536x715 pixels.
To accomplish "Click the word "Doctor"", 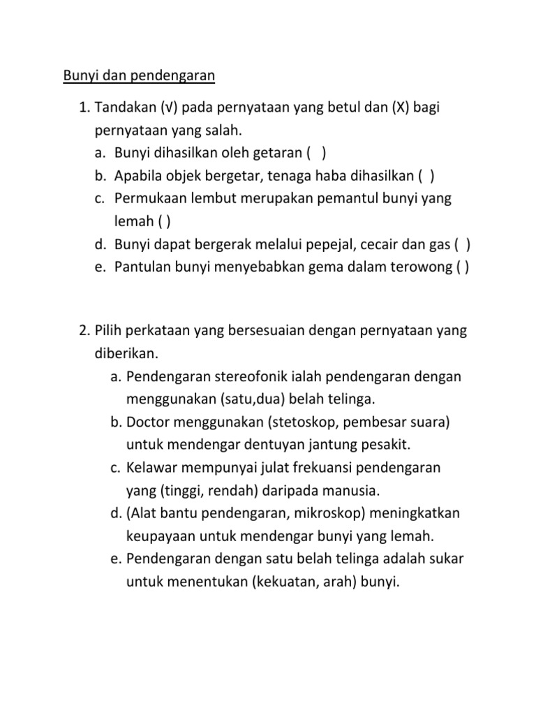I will click(149, 422).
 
